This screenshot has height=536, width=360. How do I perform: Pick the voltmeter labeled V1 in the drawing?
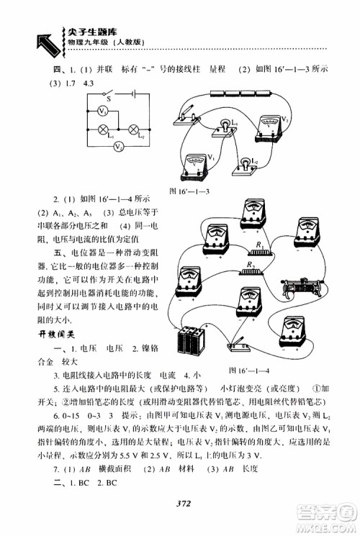coord(194,165)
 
